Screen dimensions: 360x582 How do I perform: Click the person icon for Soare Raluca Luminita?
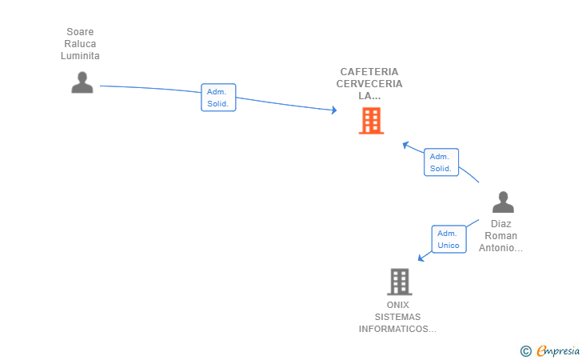(82, 82)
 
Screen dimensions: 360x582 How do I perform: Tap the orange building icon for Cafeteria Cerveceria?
(371, 121)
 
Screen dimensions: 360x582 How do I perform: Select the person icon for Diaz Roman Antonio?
(503, 202)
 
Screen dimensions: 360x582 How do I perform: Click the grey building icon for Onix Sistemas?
(399, 282)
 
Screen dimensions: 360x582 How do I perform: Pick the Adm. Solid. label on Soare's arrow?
(218, 98)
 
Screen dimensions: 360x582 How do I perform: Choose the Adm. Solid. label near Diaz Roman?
(440, 162)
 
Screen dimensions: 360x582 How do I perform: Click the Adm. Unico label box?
(449, 239)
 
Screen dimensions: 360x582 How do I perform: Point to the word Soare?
(80, 32)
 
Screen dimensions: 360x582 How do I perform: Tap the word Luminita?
(80, 56)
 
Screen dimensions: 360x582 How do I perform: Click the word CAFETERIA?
(369, 71)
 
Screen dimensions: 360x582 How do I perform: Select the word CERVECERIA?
(369, 83)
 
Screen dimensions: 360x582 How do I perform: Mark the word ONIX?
(397, 305)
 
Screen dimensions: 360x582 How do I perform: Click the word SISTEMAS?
(397, 317)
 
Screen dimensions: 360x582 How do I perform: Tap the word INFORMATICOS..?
(397, 329)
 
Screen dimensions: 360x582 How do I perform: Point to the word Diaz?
(501, 224)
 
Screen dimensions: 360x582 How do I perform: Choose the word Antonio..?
(500, 248)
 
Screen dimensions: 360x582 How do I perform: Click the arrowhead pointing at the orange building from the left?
(334, 110)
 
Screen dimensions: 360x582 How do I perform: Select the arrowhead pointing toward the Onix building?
(421, 258)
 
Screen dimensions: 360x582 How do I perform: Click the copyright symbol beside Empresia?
(525, 350)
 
